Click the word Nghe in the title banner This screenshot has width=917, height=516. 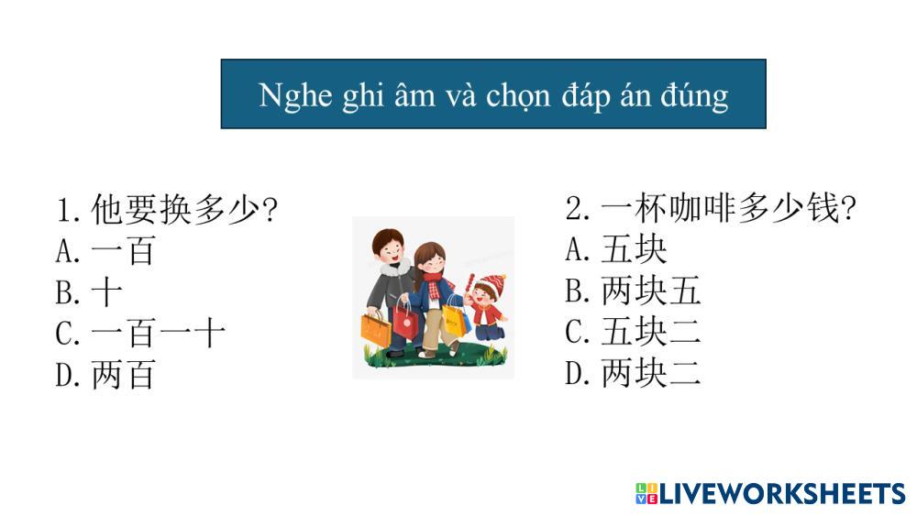click(x=295, y=95)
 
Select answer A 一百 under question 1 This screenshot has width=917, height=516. click(x=105, y=251)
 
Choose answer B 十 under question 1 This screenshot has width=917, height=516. click(x=89, y=292)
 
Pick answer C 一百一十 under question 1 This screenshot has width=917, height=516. click(x=140, y=334)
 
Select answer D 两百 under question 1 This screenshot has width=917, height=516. click(x=105, y=375)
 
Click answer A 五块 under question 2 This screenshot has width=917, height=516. click(x=616, y=249)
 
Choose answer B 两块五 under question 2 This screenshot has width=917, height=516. click(x=633, y=291)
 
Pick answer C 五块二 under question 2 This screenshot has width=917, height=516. click(x=633, y=332)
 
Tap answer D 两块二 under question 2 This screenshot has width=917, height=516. click(x=633, y=373)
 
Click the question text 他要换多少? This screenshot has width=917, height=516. click(x=167, y=209)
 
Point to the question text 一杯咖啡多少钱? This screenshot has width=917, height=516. click(x=711, y=207)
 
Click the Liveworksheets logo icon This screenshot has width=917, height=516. click(x=646, y=493)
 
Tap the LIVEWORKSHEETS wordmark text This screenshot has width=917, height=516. click(x=782, y=494)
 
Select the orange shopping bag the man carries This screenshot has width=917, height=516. click(x=376, y=328)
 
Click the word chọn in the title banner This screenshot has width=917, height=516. click(x=518, y=96)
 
